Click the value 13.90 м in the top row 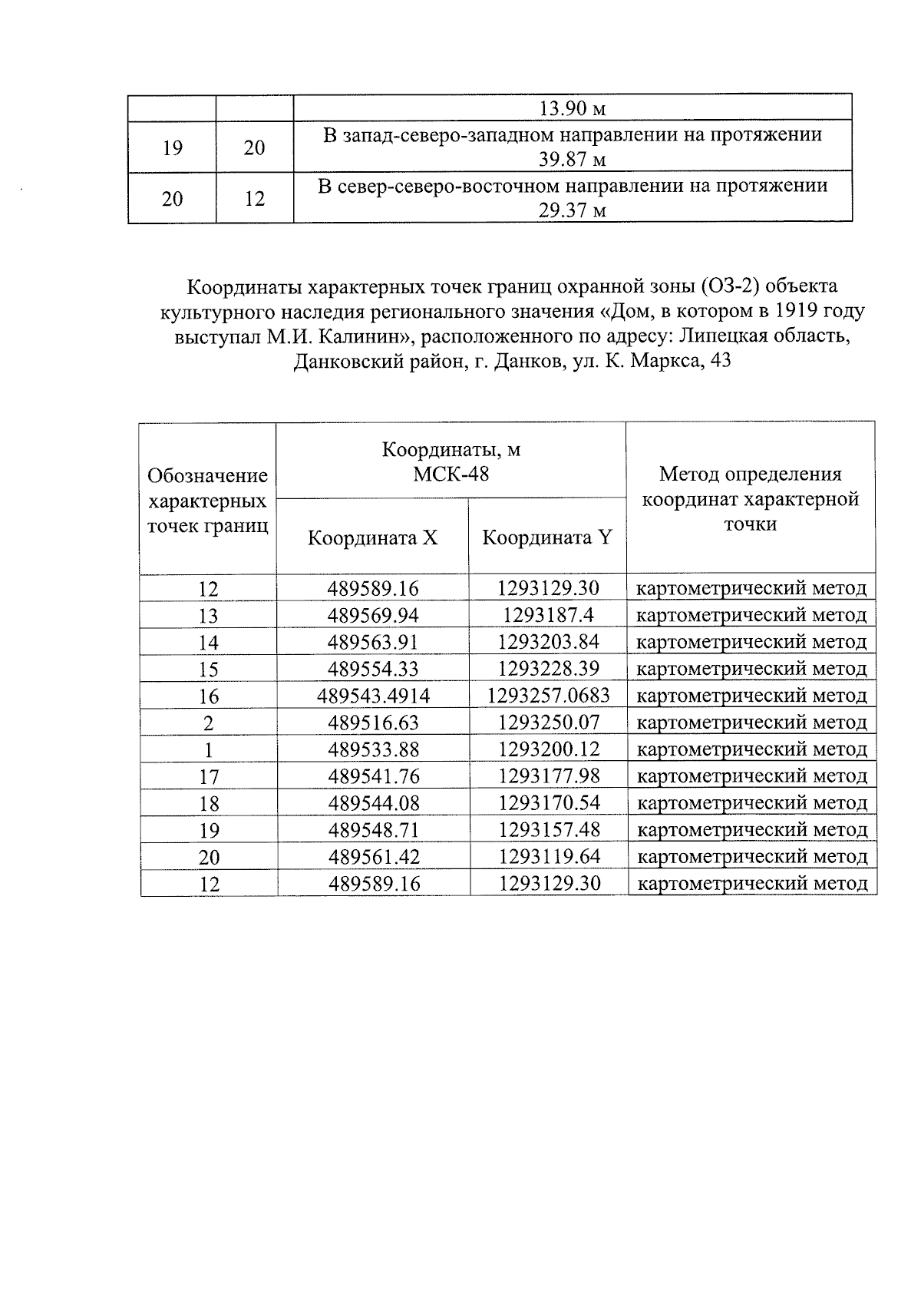coord(573,108)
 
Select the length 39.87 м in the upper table coord(573,160)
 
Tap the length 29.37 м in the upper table coord(573,210)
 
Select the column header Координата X coord(372,537)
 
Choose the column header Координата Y coord(546,537)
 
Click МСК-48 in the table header coord(451,474)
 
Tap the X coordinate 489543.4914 coord(374,696)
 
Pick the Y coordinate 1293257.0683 coord(548,696)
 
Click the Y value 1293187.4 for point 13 coord(548,615)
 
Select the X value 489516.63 coord(374,723)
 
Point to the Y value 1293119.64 coord(549,856)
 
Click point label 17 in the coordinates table coord(209,776)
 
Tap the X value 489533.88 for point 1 coord(374,749)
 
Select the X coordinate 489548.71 coord(374,830)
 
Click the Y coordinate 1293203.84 coord(548,642)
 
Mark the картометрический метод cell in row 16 coord(751,696)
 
